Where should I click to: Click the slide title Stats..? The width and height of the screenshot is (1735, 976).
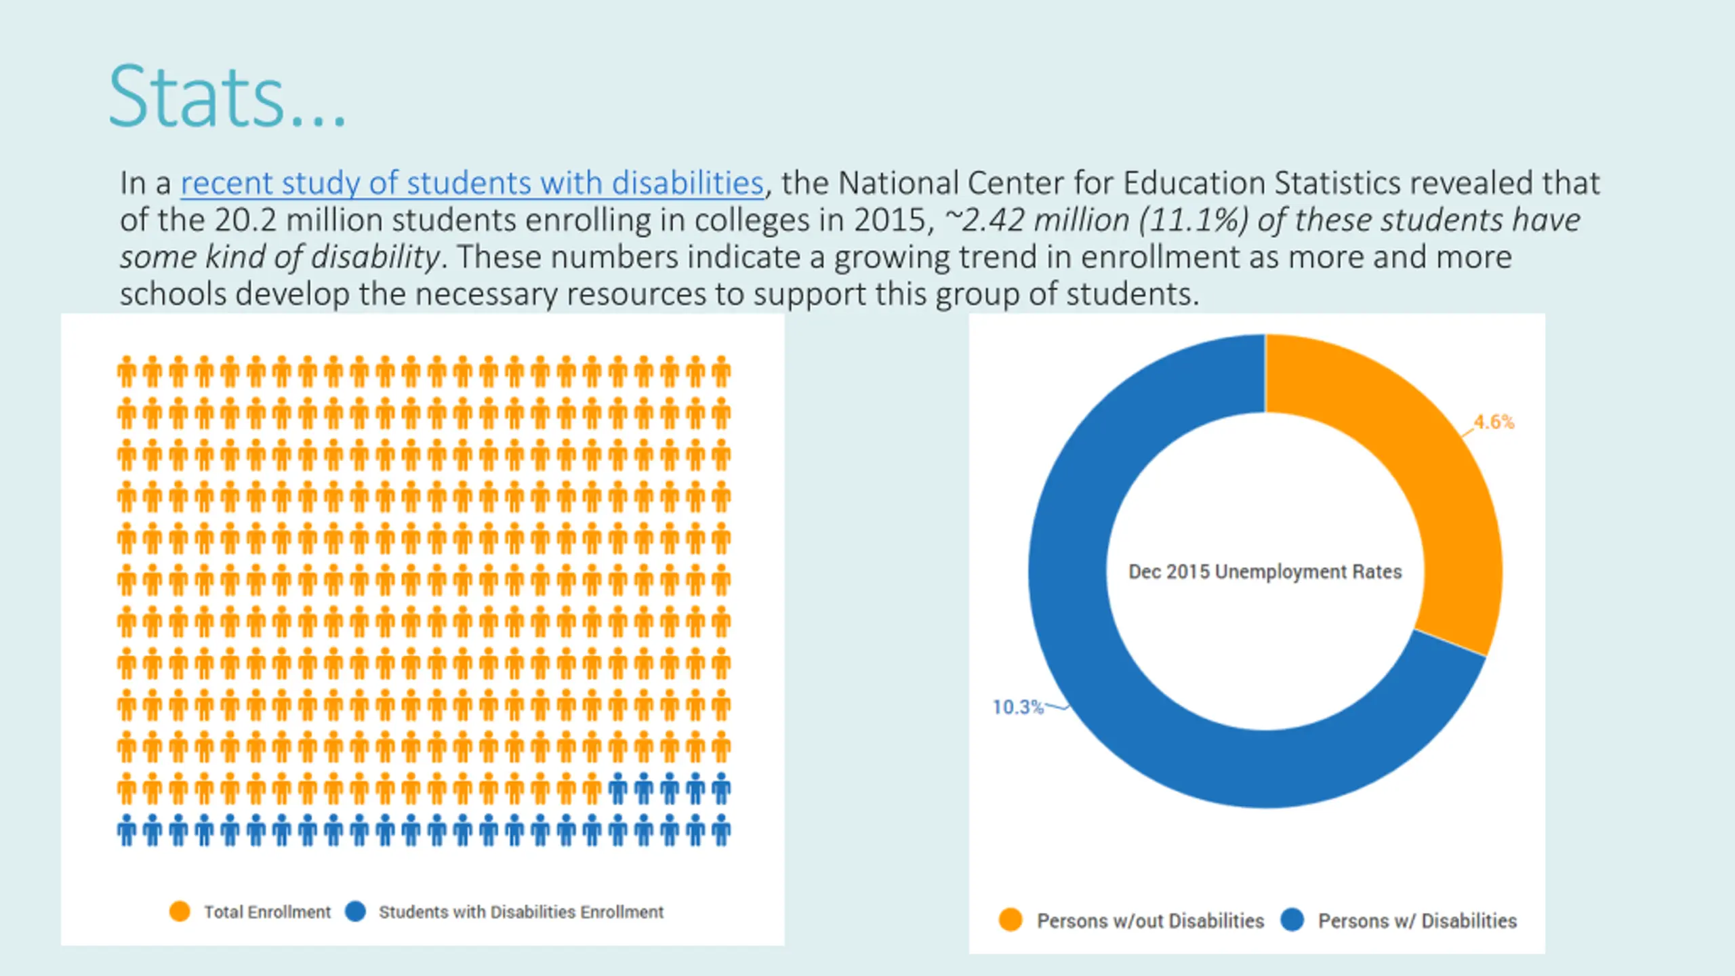228,96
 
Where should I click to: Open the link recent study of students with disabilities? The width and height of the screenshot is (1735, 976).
472,184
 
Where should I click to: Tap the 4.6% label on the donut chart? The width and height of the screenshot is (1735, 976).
1494,422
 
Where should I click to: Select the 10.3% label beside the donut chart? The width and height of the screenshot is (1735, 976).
1018,708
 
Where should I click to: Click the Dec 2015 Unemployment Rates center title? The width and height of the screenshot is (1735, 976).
1265,572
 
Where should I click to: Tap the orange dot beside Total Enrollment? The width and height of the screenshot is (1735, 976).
180,912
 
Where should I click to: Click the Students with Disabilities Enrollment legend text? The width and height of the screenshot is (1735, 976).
521,912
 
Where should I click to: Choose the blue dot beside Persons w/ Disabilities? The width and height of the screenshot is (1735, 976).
1292,920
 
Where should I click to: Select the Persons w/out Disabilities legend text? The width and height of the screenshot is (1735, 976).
1151,921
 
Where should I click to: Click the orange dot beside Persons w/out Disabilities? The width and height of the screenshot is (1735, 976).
1011,920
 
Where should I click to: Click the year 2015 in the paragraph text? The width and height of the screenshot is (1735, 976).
889,220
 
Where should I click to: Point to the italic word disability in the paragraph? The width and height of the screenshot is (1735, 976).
375,258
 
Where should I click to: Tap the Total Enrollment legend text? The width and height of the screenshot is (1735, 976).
268,912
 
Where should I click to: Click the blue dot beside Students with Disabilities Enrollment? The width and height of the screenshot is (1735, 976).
355,912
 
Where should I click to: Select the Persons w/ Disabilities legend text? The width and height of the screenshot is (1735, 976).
1418,921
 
